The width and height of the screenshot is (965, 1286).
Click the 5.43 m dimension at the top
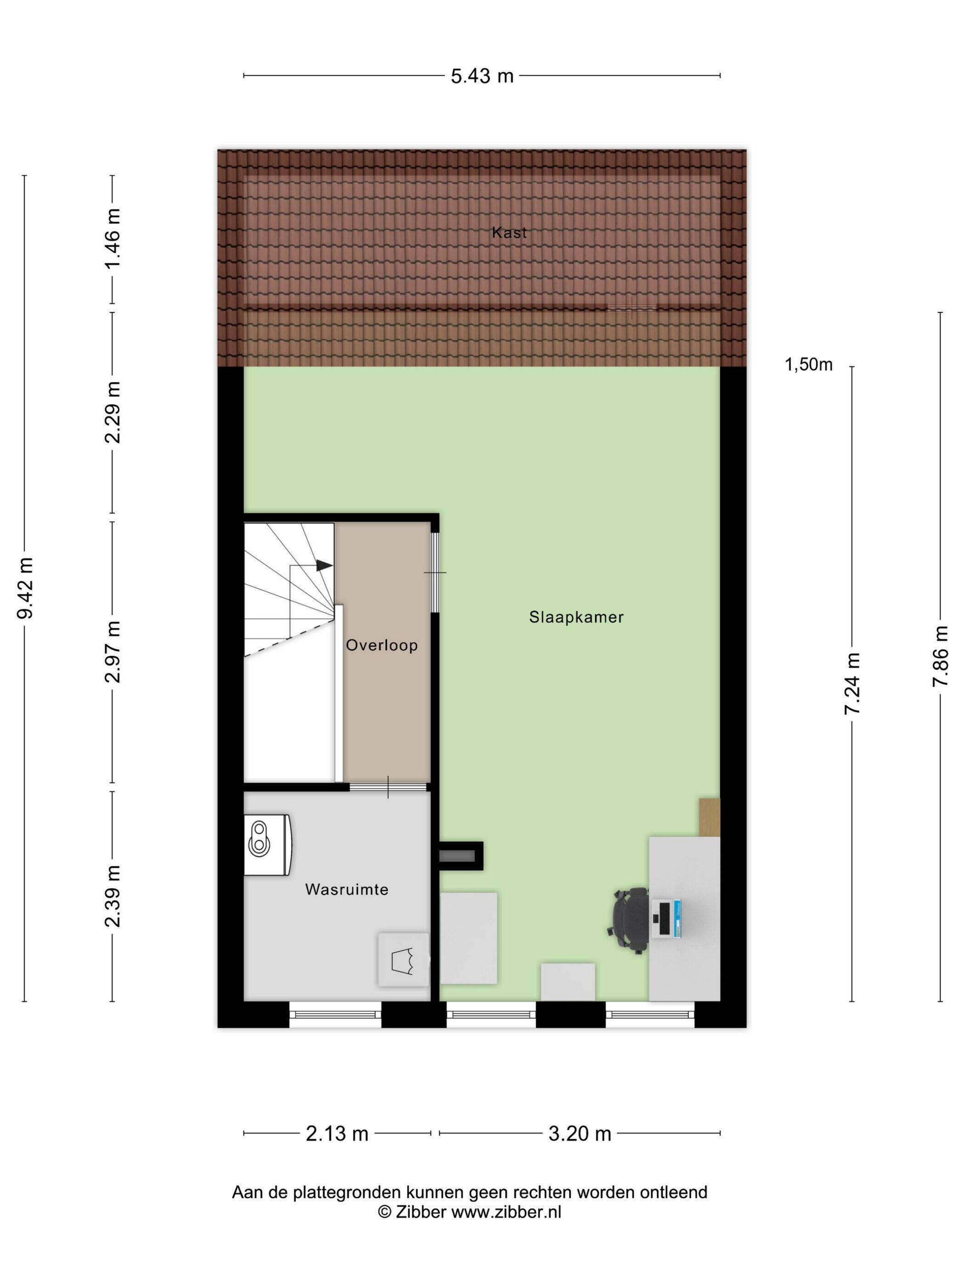(482, 76)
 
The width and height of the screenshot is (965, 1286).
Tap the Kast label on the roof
(509, 232)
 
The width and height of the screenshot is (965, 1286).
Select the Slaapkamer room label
(576, 617)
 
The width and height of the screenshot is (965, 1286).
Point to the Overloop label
(381, 645)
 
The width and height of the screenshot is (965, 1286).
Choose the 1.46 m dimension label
(112, 238)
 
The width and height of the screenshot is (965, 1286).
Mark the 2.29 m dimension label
(112, 412)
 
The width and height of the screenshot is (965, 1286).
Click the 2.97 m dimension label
(112, 651)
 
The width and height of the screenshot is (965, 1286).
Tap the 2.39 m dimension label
(112, 895)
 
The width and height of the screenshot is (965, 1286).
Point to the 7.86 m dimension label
(940, 656)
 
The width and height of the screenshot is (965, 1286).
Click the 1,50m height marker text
(808, 365)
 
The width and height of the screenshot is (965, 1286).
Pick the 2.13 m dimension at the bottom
(337, 1133)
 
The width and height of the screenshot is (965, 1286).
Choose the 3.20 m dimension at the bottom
(579, 1133)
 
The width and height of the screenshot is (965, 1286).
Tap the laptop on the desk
(667, 919)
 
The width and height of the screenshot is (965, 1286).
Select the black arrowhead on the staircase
(324, 565)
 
